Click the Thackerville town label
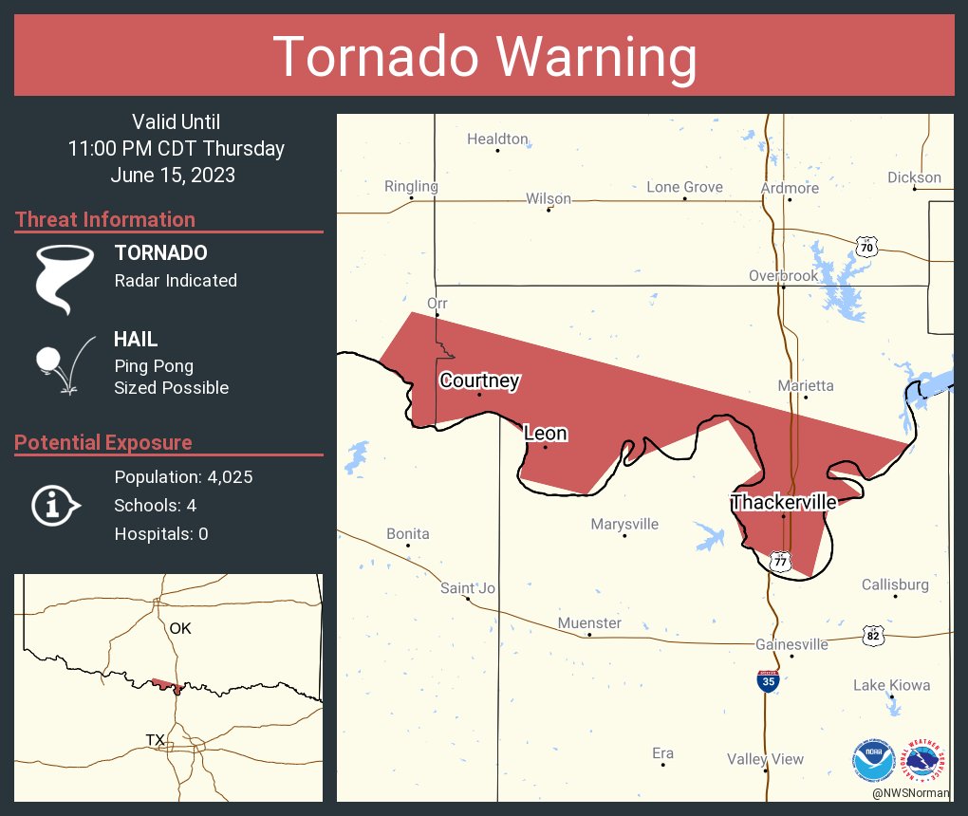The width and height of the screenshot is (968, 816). (x=783, y=502)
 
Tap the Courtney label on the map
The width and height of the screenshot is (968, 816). (x=479, y=380)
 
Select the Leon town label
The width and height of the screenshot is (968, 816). (x=546, y=434)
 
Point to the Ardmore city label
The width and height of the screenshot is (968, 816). (x=790, y=188)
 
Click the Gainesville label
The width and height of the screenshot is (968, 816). (x=791, y=644)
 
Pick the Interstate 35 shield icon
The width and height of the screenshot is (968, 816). (x=768, y=681)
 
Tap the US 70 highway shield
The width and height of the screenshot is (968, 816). (x=866, y=247)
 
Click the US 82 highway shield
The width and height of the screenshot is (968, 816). (x=873, y=636)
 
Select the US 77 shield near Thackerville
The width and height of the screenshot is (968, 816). (x=780, y=561)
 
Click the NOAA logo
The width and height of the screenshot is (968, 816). (x=872, y=760)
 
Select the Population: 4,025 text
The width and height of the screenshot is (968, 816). (x=183, y=477)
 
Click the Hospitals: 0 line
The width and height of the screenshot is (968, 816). (x=161, y=534)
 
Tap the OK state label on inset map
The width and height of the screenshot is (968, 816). (x=180, y=628)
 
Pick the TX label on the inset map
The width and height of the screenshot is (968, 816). (x=156, y=739)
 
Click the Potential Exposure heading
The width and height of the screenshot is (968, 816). (x=103, y=442)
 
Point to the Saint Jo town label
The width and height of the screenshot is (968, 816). (x=468, y=588)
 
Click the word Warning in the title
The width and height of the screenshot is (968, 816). (x=590, y=57)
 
